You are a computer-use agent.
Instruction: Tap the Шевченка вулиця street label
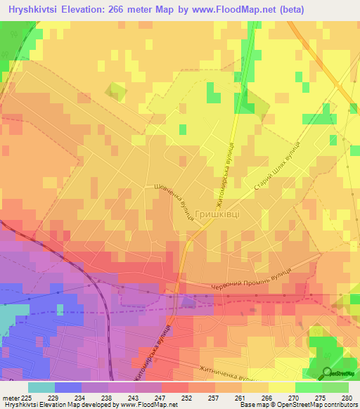[x=174, y=203]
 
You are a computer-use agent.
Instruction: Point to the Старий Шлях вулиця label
[x=278, y=174]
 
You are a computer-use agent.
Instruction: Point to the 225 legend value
[x=25, y=398]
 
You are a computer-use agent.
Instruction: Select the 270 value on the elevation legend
[x=293, y=398]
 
